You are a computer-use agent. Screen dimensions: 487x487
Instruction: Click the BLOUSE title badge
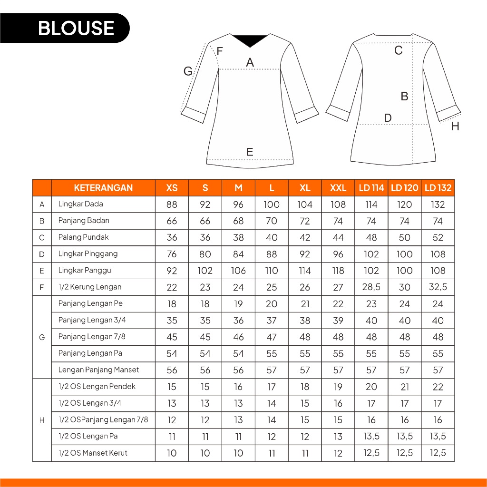76,28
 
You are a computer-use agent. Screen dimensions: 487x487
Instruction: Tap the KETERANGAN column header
103,188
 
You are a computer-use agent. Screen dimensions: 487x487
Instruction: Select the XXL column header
338,188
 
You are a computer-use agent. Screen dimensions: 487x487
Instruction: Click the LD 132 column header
438,188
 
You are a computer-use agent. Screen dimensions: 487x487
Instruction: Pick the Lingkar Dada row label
80,204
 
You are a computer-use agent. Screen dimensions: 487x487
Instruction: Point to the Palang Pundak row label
83,237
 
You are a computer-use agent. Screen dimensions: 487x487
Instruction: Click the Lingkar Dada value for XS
172,205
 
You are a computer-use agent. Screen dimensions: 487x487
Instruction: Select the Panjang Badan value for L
272,221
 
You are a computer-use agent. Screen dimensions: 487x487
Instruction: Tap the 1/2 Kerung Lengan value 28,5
371,287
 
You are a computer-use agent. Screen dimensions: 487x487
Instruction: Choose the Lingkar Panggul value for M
238,271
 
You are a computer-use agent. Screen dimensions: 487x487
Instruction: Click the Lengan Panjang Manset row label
98,370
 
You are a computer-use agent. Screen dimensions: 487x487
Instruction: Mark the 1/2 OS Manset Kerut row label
93,453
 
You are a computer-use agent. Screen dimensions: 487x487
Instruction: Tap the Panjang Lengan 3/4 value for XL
305,321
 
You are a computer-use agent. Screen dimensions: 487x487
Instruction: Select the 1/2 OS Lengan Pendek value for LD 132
438,387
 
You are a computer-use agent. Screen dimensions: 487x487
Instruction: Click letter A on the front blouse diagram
250,62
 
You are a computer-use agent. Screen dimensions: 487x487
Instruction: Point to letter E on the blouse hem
250,152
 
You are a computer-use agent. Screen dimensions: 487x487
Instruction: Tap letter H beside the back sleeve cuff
455,127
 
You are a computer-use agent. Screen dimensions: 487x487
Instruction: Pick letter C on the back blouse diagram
399,50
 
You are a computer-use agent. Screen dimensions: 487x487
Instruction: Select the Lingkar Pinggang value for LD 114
371,254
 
